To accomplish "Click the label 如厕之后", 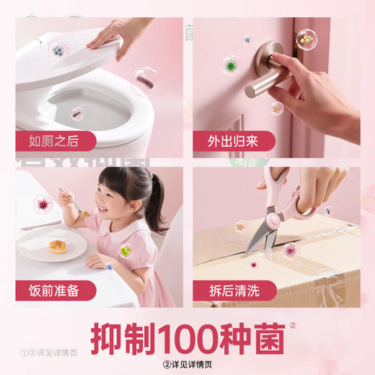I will (52, 140).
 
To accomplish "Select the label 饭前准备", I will (52, 290).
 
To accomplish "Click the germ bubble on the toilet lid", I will (57, 51).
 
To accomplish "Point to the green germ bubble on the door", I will (231, 66).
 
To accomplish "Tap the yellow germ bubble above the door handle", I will (306, 37).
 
